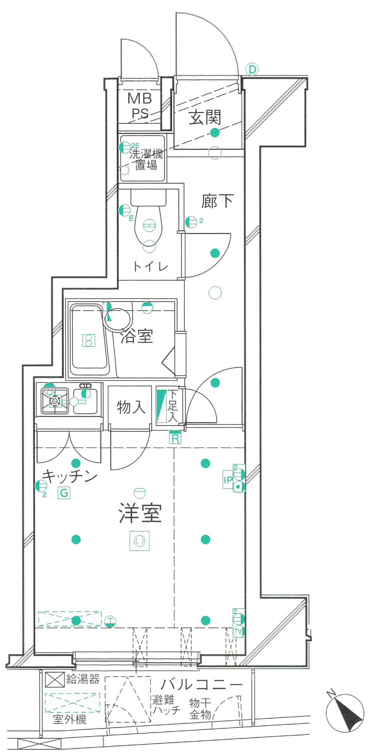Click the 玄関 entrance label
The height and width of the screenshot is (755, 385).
[205, 117]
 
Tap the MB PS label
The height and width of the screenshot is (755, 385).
[140, 106]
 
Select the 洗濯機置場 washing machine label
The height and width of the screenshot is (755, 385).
[145, 160]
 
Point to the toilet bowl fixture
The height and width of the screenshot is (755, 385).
[148, 220]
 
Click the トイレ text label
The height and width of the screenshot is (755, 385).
[150, 266]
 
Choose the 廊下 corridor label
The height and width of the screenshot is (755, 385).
[217, 201]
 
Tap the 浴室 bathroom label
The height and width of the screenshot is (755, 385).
[137, 336]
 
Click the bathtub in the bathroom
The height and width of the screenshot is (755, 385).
[88, 340]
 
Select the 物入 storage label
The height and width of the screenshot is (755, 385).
[131, 407]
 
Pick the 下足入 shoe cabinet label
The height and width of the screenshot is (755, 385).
[173, 406]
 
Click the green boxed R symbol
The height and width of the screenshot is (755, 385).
[175, 439]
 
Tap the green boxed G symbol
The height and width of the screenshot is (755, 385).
[64, 493]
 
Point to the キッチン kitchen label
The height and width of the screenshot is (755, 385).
[70, 476]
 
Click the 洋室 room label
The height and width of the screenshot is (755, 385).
[140, 513]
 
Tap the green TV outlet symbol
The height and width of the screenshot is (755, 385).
[238, 632]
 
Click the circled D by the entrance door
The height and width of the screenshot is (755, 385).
[252, 69]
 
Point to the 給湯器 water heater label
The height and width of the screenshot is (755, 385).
[83, 679]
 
